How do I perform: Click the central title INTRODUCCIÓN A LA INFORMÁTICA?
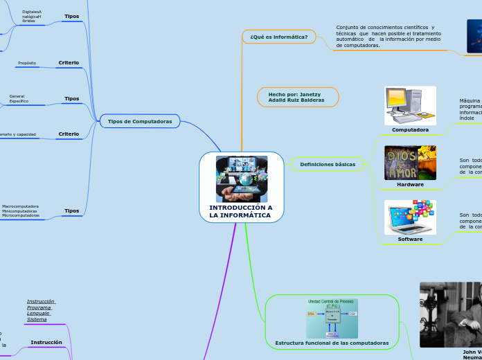tap(241, 211)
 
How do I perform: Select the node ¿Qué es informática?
tap(278, 37)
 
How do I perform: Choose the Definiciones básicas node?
tap(328, 165)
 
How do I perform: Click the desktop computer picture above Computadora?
tap(410, 106)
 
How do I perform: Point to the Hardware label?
tap(410, 184)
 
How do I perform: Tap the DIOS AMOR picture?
tap(410, 163)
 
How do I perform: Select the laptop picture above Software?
tap(410, 217)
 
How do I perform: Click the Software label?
tap(410, 239)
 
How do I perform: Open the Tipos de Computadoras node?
tap(140, 122)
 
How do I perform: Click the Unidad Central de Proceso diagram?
tap(332, 318)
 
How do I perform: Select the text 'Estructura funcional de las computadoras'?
tap(332, 343)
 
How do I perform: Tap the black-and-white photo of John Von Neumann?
tap(450, 314)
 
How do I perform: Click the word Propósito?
tap(27, 63)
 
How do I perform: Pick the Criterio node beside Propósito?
tap(68, 63)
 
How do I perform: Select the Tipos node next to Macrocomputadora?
tap(71, 210)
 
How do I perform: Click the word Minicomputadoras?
tap(19, 211)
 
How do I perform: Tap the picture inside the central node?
tap(241, 179)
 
